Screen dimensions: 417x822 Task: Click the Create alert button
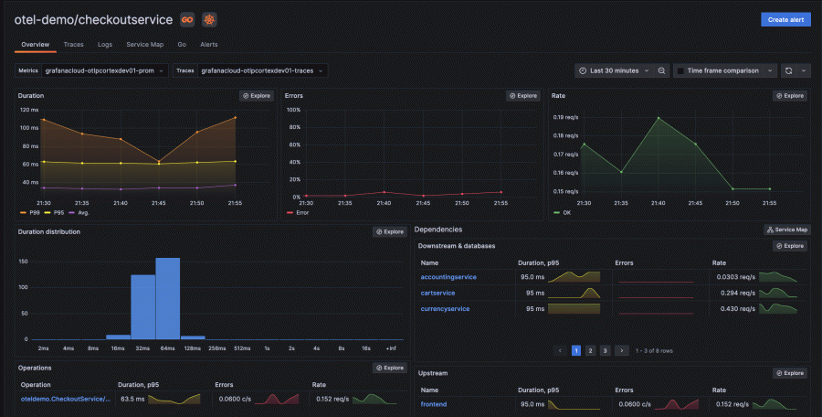[785, 19]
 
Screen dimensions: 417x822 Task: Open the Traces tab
[73, 44]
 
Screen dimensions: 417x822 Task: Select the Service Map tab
[144, 44]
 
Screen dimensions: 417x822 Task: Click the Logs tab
[105, 44]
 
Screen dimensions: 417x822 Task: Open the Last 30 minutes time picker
[614, 70]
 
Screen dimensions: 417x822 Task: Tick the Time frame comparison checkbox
[680, 70]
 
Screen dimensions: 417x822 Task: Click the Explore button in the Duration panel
[256, 95]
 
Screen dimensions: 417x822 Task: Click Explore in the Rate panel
[790, 95]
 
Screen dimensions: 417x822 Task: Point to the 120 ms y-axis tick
[28, 110]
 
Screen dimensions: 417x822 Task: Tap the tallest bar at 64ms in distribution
[167, 297]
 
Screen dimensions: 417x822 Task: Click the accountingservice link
[448, 276]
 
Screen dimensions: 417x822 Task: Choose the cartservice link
[437, 293]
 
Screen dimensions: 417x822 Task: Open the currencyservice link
[445, 309]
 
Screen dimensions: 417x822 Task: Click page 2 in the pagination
[590, 350]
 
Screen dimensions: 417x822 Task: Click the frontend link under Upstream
[433, 403]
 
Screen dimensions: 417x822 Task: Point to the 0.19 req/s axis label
[565, 118]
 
